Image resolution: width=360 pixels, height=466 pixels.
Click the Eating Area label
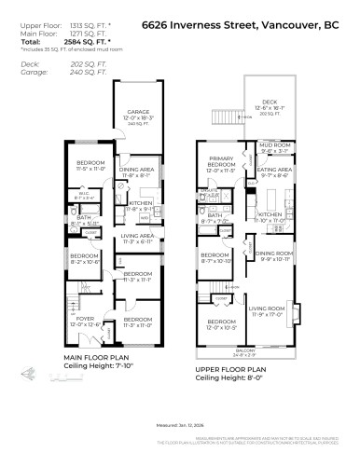pos(275,170)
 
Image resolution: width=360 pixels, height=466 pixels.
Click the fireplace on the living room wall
pos(296,314)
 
